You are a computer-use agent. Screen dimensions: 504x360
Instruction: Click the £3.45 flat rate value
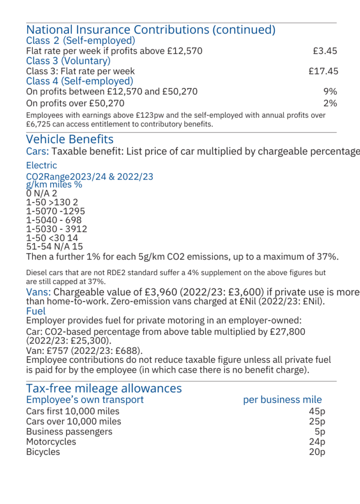(325, 51)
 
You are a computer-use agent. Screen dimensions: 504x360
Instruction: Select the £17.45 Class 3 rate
(323, 71)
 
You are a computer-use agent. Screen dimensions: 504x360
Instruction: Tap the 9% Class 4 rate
(330, 92)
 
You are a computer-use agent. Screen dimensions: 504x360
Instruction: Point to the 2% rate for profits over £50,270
(330, 103)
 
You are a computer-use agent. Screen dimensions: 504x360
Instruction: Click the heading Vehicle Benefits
(70, 139)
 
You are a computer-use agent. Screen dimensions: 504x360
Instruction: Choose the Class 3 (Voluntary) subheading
(68, 61)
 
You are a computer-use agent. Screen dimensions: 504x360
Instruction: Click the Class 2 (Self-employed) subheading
(81, 40)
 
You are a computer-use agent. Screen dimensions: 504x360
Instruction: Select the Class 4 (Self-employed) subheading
(80, 81)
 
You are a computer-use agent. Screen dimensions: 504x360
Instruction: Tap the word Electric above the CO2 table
(41, 165)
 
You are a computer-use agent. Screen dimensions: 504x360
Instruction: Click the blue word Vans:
(38, 292)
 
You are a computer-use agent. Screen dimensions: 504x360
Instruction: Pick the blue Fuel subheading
(36, 311)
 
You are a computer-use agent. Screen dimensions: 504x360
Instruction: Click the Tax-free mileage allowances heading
(104, 388)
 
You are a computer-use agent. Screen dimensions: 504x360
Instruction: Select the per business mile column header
(282, 400)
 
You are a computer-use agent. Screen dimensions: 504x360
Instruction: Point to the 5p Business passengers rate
(320, 432)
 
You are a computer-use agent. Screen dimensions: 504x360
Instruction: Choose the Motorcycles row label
(51, 441)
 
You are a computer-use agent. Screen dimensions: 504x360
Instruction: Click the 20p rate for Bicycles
(317, 452)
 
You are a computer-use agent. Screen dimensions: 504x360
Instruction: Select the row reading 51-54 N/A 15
(55, 247)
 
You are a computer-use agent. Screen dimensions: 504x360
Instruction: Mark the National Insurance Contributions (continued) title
(150, 30)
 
